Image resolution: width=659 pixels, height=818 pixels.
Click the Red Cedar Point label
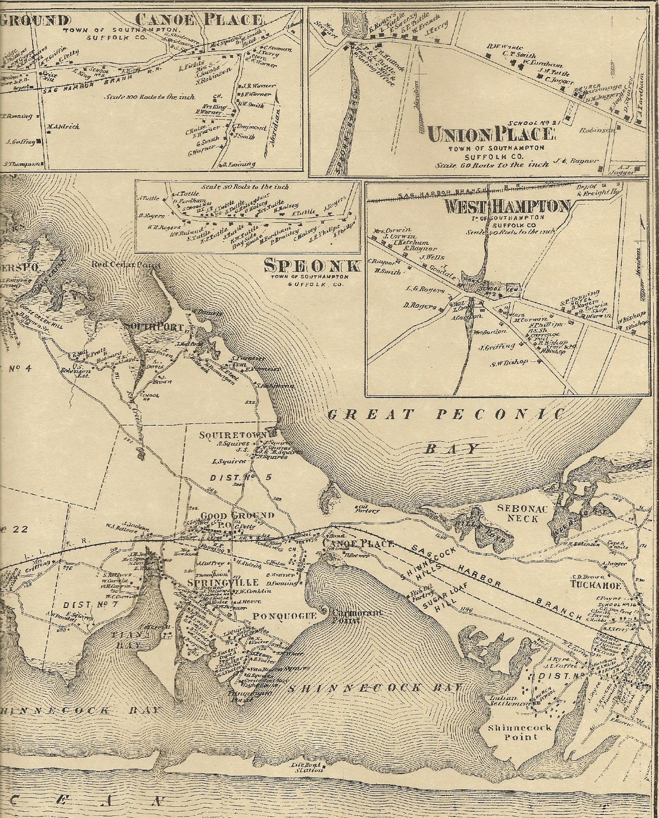[x=126, y=265]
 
